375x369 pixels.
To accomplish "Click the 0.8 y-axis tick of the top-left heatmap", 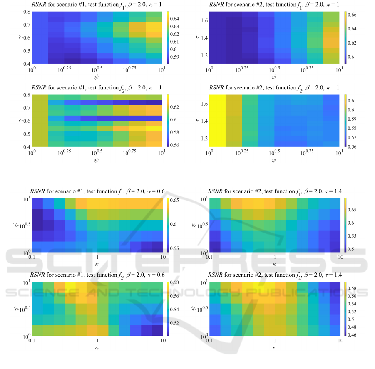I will [26, 12].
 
